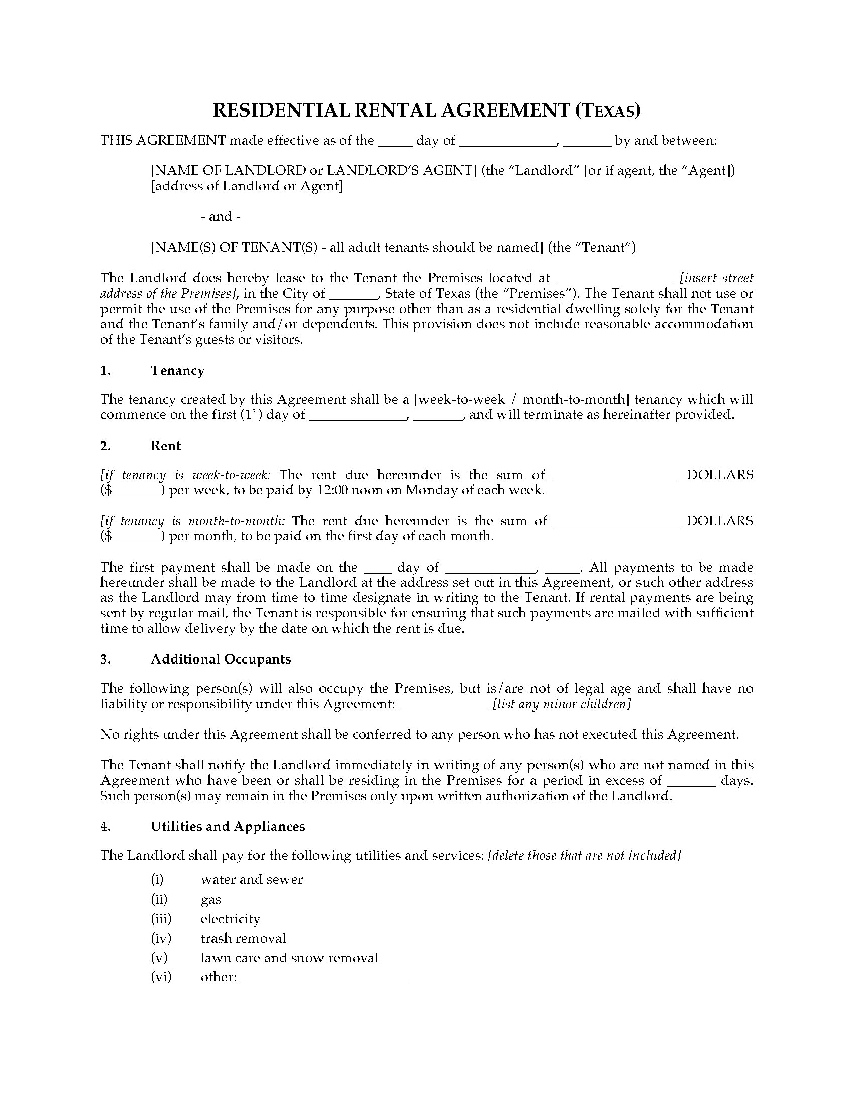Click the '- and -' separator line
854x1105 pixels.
pos(221,216)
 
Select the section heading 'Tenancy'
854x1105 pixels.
pos(177,370)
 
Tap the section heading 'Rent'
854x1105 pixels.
pos(165,446)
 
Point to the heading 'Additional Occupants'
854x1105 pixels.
pos(221,659)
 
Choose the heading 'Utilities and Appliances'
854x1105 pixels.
pos(228,826)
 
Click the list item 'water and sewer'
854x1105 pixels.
pos(252,879)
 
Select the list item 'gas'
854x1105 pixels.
pos(211,899)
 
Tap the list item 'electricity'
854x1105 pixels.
pos(230,918)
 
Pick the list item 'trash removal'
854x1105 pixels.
pos(243,938)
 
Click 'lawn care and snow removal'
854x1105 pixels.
pos(289,958)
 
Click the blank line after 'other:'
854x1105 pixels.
pos(324,978)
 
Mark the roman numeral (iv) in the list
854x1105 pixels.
pos(161,938)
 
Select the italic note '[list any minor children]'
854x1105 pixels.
pos(562,704)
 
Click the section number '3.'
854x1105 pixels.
pos(105,659)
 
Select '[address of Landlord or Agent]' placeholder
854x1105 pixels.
pos(247,186)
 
